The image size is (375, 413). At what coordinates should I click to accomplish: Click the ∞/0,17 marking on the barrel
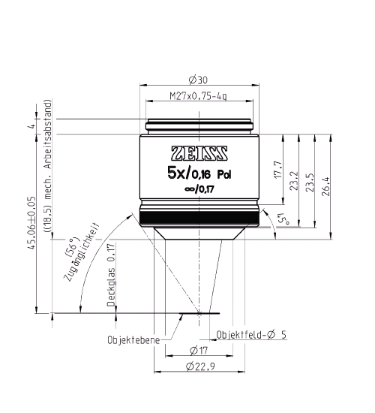[199, 191]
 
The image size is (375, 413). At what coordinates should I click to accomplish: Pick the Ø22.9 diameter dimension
[199, 366]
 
